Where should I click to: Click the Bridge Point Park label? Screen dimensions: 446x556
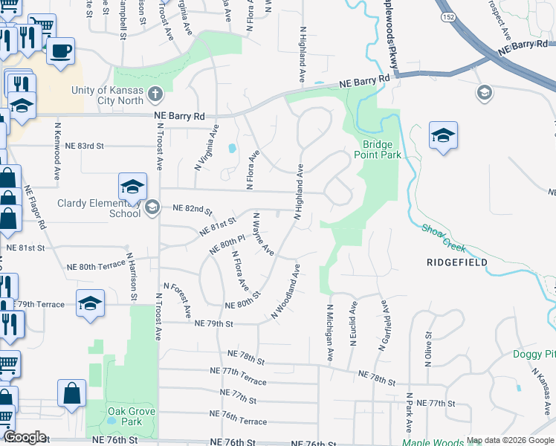[382, 149]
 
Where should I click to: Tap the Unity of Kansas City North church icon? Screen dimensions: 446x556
[155, 94]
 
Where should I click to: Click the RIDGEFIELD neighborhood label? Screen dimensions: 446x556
[457, 262]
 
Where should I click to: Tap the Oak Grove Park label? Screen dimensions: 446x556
[114, 416]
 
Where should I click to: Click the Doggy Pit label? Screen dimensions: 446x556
[534, 354]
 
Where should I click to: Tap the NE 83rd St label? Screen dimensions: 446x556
[83, 146]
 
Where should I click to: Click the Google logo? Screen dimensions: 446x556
[24, 437]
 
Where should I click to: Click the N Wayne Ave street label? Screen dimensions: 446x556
[264, 234]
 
